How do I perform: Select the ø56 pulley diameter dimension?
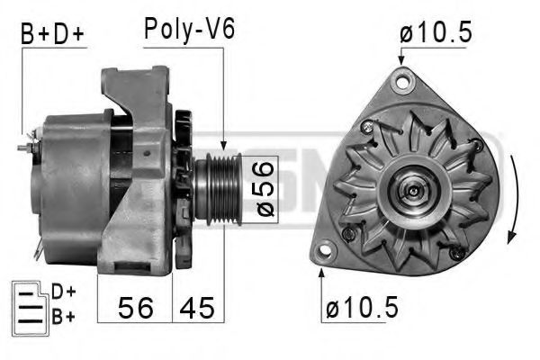[x=263, y=188]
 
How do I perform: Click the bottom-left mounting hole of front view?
[x=322, y=251]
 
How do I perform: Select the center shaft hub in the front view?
[x=410, y=191]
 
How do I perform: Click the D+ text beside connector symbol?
[x=62, y=291]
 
